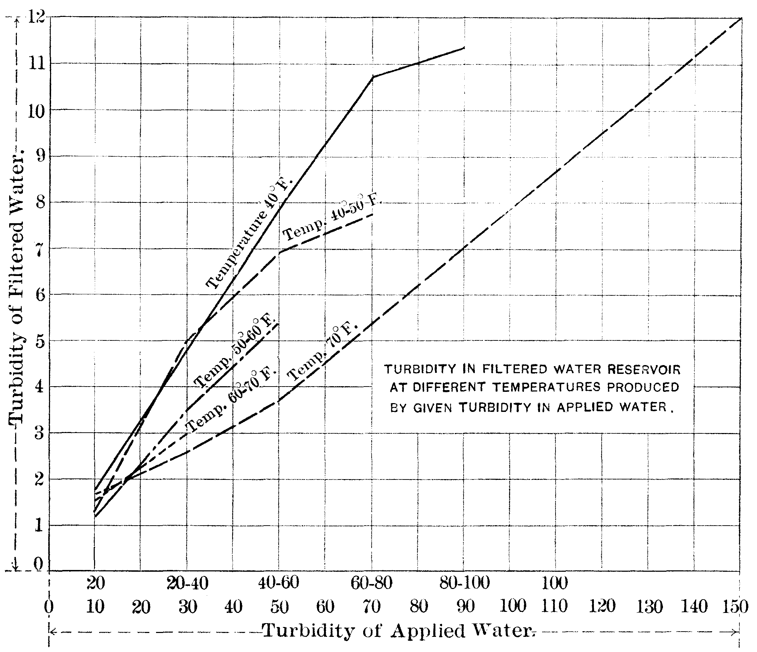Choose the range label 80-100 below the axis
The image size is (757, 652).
[464, 583]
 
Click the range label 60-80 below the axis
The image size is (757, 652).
[371, 583]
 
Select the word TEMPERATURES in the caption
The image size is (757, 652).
[546, 387]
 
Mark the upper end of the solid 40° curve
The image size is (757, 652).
[464, 48]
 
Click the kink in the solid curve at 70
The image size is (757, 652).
[372, 76]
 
